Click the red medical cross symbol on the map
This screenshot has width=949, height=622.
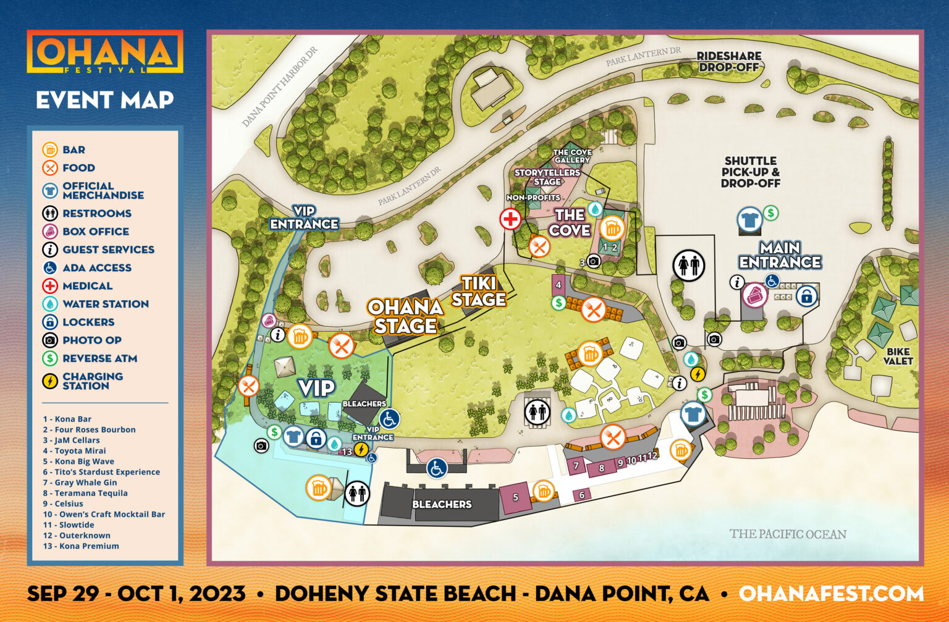coord(510,219)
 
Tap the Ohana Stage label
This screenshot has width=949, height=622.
coord(405,316)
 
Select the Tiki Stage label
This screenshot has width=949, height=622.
coord(479,292)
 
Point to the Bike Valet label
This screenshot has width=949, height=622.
coord(898,356)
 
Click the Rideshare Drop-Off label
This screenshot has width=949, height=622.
coord(729,61)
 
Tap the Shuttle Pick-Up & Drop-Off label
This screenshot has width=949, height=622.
coord(751,172)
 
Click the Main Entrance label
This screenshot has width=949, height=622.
coord(780,255)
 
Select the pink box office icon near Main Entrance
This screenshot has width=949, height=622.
coord(754,295)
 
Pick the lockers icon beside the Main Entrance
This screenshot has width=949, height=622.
coord(806,296)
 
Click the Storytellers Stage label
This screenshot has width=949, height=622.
coord(547,177)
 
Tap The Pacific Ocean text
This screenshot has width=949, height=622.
coord(788,534)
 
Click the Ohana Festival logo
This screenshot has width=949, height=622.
coord(105,53)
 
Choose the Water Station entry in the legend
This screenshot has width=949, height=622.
coord(105,304)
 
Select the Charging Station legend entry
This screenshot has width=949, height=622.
coord(92,381)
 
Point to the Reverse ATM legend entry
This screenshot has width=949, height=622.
coord(99,358)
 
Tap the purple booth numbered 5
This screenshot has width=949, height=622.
coord(515,497)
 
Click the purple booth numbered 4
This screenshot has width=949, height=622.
coord(559,285)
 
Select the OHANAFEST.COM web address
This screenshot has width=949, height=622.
coord(831,594)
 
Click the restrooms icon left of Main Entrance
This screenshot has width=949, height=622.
coord(689,266)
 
